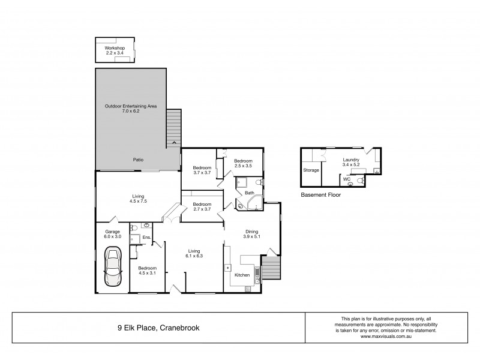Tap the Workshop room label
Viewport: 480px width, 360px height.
(113, 50)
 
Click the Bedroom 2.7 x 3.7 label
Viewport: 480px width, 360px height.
(202, 207)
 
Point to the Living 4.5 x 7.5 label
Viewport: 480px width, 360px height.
(138, 198)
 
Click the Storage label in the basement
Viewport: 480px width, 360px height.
(311, 170)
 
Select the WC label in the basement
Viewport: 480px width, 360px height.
(346, 179)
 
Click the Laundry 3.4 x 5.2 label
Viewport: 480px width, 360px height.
(350, 162)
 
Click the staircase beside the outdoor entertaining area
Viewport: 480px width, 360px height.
(173, 127)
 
